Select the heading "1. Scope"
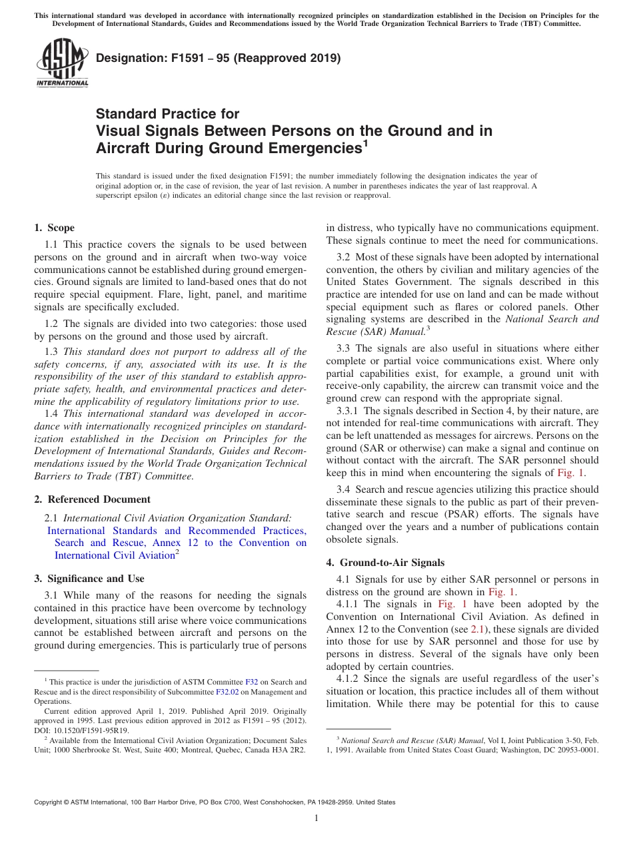[54, 228]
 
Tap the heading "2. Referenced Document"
[92, 499]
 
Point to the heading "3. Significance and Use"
[89, 579]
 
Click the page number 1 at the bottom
[316, 818]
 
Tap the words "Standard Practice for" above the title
[167, 114]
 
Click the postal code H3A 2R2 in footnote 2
[289, 749]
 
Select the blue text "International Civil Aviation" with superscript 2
[115, 555]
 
